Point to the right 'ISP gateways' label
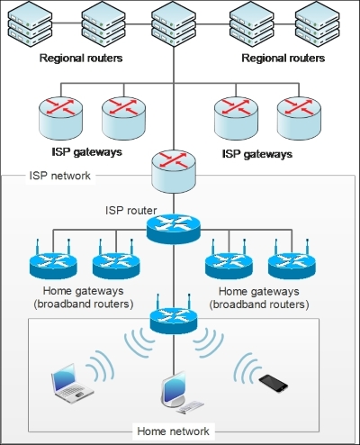256,154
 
